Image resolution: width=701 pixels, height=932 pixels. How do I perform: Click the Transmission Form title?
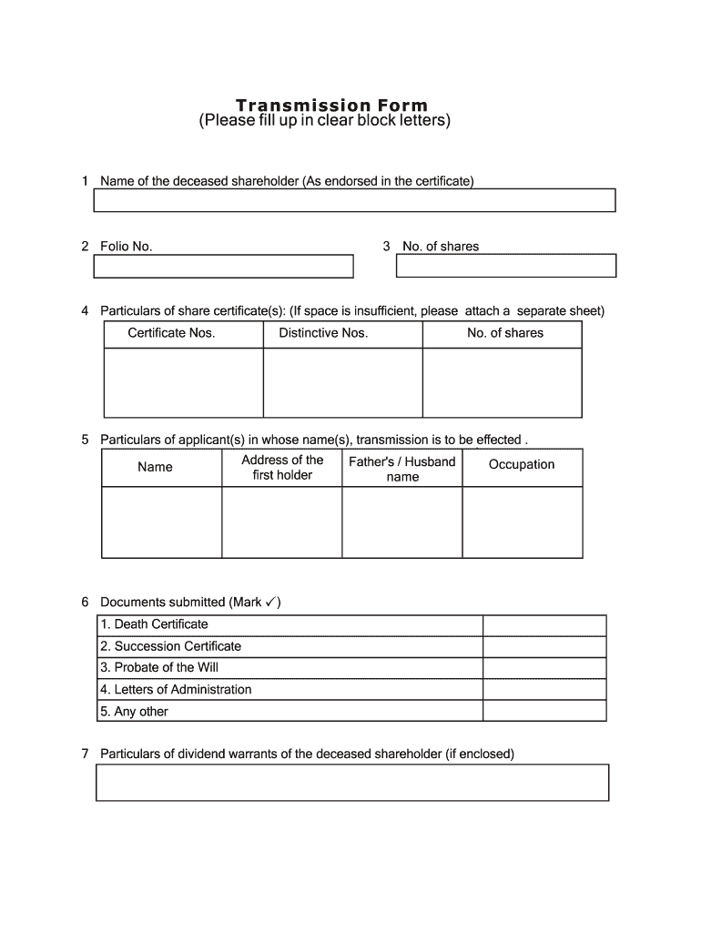point(330,106)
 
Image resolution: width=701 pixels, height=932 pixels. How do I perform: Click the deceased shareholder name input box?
point(354,200)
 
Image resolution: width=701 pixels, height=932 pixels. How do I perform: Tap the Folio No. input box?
point(224,266)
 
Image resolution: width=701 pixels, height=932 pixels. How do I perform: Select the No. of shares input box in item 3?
point(506,265)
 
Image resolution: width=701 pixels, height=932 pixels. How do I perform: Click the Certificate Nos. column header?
point(171,333)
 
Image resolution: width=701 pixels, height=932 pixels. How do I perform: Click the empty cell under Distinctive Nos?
point(342,382)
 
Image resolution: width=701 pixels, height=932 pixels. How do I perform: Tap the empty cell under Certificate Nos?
point(183,382)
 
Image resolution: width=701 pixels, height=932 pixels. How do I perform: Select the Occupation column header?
point(522,465)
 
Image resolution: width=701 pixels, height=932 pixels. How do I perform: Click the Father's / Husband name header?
point(401,469)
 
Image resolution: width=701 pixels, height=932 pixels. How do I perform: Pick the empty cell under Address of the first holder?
point(281,522)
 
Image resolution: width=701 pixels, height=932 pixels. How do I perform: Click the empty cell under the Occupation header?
point(522,522)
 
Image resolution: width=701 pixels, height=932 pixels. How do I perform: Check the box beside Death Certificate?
point(544,624)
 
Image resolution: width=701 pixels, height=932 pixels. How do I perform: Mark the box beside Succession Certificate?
point(544,646)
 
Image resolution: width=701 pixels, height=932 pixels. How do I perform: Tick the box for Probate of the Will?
point(544,668)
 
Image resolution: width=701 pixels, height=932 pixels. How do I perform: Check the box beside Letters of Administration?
point(544,690)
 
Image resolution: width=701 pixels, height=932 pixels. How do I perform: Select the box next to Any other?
point(544,712)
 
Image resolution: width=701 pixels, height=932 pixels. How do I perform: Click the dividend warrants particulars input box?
point(351,782)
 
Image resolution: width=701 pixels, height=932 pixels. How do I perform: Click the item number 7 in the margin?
point(85,754)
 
